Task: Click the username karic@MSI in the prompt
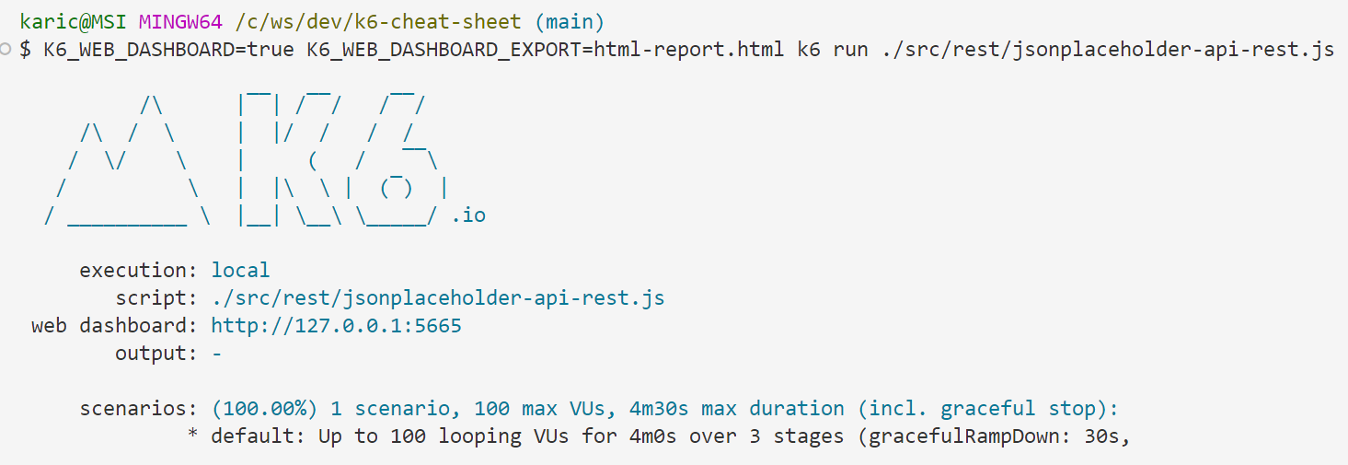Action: [x=73, y=22]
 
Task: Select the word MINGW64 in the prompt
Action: [x=180, y=22]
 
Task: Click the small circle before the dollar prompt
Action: [x=6, y=49]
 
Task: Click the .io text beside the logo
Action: [x=468, y=215]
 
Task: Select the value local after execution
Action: [x=240, y=271]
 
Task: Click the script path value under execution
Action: [x=438, y=298]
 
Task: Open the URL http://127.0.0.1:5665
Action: [x=336, y=326]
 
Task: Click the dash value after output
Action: [x=216, y=354]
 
